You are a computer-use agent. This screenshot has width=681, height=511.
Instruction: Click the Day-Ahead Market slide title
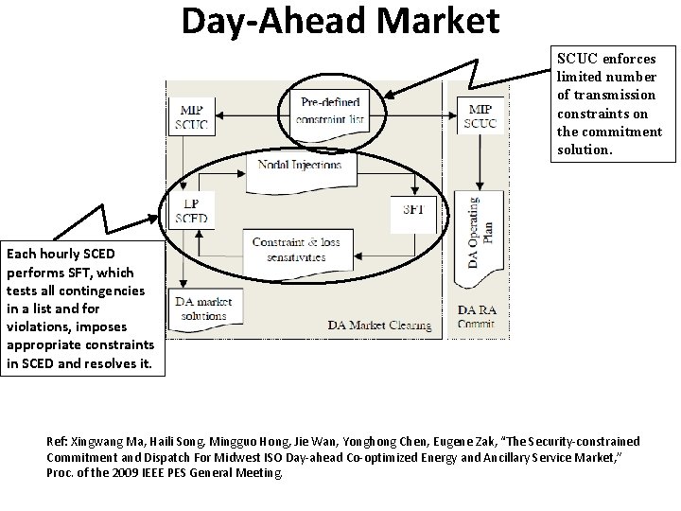coord(340,21)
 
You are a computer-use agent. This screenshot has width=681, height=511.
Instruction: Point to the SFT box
coord(412,209)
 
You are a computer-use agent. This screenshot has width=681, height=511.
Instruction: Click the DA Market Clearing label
coord(380,326)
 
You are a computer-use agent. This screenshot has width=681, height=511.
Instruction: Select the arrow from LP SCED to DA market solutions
coord(193,260)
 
